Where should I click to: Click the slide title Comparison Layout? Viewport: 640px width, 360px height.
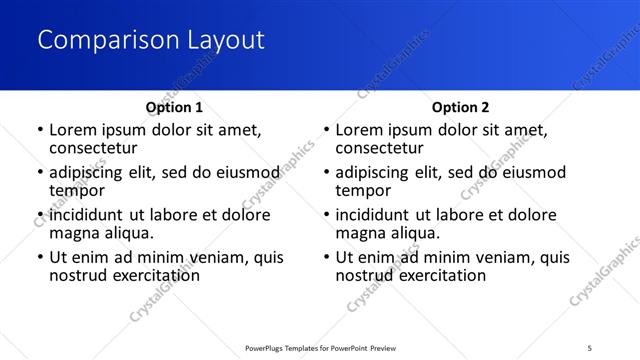point(151,41)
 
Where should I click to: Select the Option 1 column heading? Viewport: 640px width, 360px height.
point(174,107)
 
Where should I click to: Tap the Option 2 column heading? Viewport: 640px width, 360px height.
point(460,107)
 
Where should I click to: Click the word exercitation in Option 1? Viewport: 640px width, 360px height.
point(155,275)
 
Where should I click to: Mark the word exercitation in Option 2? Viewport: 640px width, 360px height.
point(441,275)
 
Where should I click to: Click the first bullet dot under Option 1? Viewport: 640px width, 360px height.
point(40,130)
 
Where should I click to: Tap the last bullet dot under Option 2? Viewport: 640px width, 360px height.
point(326,257)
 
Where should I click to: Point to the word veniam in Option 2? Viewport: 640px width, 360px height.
point(484,257)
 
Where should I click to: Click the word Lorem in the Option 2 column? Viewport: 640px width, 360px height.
point(360,130)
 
